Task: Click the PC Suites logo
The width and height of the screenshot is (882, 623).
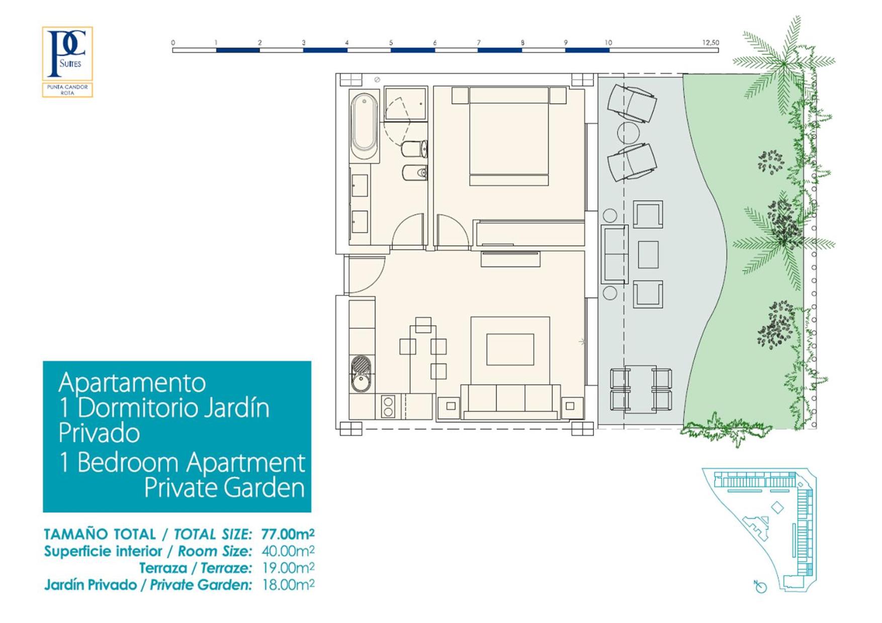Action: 67,62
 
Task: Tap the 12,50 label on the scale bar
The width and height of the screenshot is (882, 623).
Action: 711,43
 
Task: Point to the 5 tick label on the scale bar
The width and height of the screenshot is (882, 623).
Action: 391,43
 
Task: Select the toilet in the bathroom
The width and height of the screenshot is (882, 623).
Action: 414,149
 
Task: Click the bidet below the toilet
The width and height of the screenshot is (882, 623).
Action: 414,173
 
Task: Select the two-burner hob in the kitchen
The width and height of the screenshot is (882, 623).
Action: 388,406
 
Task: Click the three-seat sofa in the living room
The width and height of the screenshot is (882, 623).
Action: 510,401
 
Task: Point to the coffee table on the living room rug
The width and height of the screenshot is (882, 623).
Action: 510,349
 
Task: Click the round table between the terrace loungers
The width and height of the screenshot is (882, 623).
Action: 628,133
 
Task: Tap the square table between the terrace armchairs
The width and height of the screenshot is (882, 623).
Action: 648,254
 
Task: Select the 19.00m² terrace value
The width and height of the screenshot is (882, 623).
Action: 288,568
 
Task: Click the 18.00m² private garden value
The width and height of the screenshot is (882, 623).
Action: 288,585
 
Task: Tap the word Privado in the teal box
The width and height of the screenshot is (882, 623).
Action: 99,433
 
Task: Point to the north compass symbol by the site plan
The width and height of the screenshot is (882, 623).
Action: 760,586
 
